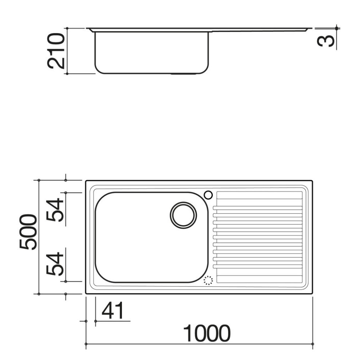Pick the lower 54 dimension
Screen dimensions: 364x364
coord(55,264)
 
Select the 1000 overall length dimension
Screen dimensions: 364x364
coord(206,333)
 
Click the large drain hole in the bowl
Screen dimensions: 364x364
coord(183,215)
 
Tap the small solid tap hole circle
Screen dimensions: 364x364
coord(208,195)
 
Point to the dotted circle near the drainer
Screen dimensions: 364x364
coord(208,281)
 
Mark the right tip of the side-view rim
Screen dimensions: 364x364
coord(311,28)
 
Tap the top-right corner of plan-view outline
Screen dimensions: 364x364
coord(313,181)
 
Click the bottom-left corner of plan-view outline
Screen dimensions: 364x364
coord(86,293)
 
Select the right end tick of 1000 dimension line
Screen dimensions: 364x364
coord(313,344)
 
